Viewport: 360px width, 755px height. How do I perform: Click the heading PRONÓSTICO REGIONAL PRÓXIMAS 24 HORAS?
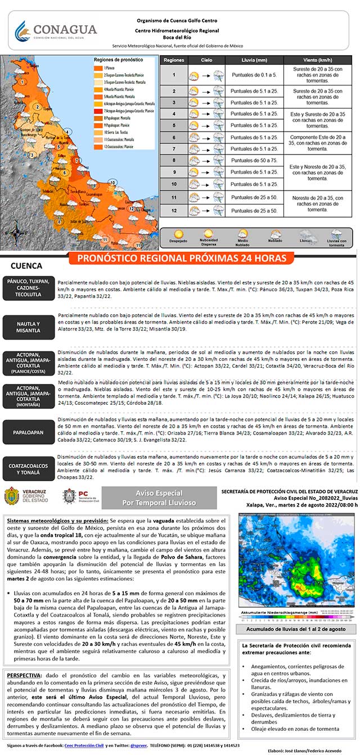click(x=182, y=258)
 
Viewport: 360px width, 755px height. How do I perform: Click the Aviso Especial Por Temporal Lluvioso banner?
click(x=159, y=498)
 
